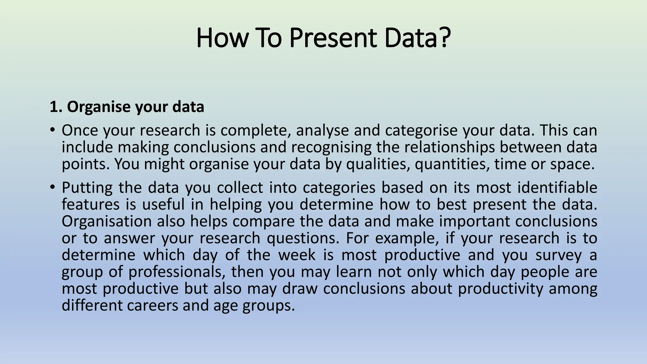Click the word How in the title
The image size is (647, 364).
click(x=221, y=38)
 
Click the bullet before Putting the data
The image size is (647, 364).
click(x=52, y=187)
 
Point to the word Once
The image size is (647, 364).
click(x=80, y=130)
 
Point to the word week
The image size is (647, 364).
click(x=297, y=255)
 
